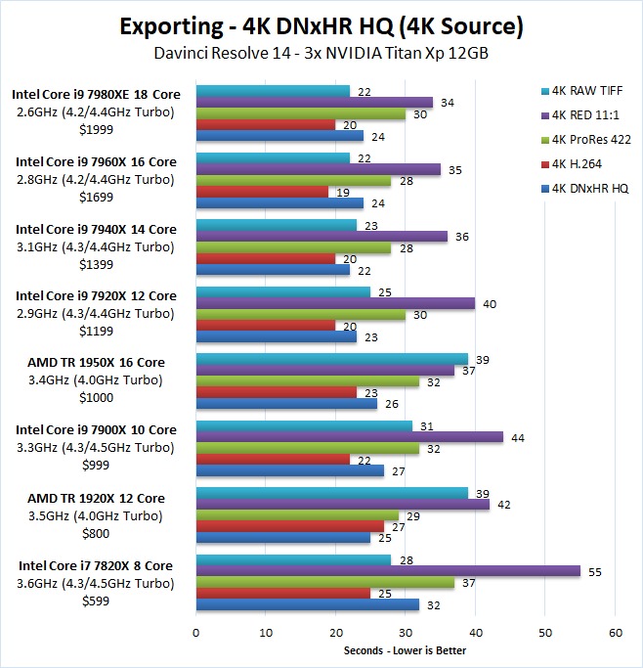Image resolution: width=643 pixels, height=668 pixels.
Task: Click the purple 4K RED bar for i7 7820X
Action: (388, 570)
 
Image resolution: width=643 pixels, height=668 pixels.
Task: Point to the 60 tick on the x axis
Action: (615, 633)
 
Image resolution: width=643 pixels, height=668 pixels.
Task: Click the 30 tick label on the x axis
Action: (406, 633)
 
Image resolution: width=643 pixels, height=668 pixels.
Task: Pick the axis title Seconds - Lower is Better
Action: (405, 650)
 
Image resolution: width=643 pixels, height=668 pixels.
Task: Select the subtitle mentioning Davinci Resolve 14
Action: (321, 53)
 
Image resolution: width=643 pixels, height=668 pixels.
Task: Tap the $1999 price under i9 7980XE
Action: (95, 130)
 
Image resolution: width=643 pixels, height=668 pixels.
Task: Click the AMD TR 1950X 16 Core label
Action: (95, 363)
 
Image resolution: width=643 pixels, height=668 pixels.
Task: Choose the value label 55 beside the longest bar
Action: (593, 570)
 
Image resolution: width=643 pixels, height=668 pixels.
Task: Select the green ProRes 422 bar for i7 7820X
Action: (325, 582)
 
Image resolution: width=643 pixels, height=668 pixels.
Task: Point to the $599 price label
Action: (95, 599)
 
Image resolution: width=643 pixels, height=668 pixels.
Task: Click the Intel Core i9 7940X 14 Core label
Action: (95, 229)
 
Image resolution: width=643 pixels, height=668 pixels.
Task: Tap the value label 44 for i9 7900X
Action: (516, 437)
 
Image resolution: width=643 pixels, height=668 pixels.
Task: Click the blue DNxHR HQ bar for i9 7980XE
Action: (279, 136)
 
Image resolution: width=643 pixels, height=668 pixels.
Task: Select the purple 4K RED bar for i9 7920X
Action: (335, 303)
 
